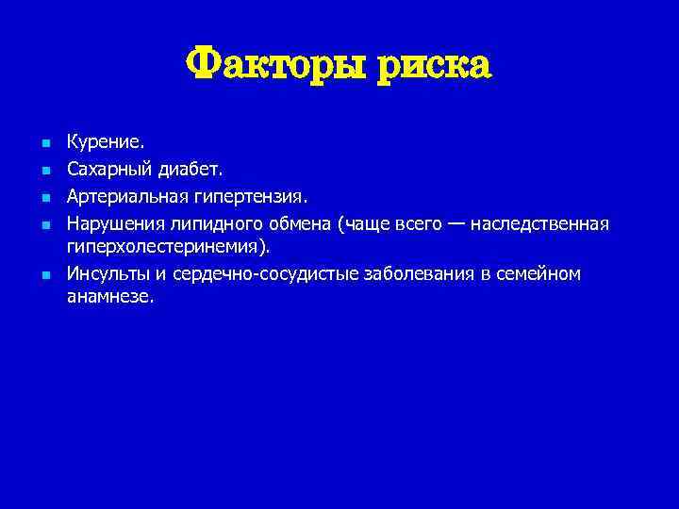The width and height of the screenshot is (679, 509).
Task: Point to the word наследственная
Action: coord(540,224)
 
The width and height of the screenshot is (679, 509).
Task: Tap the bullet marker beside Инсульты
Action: coord(44,275)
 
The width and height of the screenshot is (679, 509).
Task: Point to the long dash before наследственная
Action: coord(455,224)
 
